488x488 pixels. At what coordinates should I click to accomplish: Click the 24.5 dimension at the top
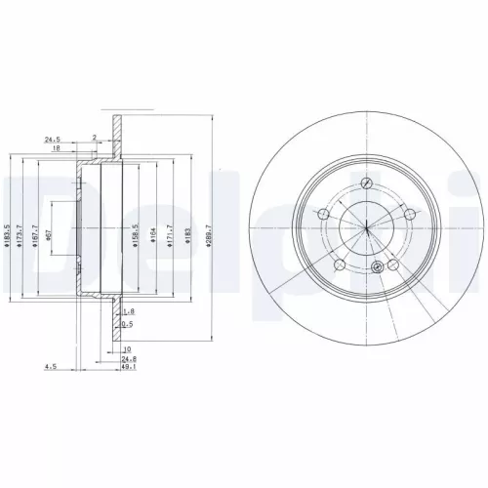coord(53,140)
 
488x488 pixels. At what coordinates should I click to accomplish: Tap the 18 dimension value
coord(57,149)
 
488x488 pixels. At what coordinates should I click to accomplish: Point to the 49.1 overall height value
coord(128,369)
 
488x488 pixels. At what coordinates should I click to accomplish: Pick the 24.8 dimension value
coord(128,360)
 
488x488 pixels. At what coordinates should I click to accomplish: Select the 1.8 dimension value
coord(129,310)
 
